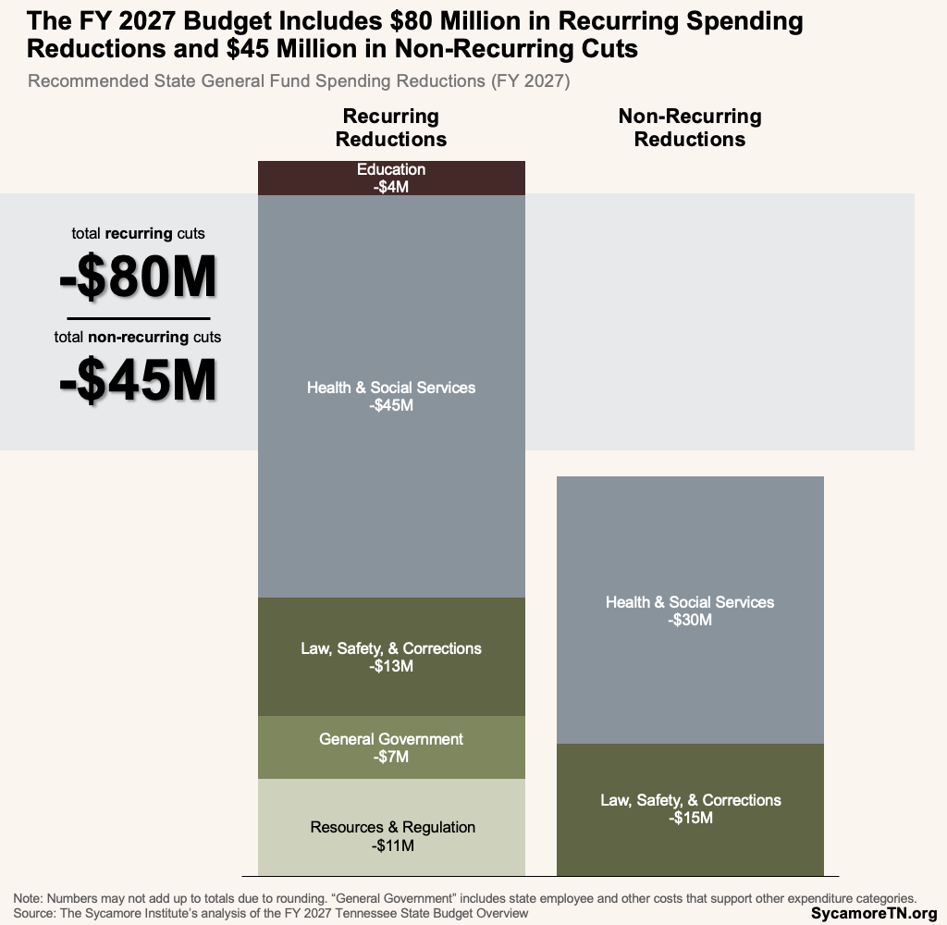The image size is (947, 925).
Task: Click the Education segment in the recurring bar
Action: [x=391, y=178]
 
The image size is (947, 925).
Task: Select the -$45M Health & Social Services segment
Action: [x=391, y=396]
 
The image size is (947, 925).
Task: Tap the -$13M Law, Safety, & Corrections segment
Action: [x=391, y=657]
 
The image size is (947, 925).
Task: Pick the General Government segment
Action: [x=391, y=747]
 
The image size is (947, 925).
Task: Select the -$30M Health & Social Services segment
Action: [x=690, y=610]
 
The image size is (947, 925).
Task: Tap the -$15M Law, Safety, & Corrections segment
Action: [x=690, y=809]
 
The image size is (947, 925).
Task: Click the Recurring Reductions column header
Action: [x=391, y=128]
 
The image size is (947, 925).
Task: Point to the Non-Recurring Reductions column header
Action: [x=690, y=128]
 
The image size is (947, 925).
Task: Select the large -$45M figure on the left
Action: [x=138, y=379]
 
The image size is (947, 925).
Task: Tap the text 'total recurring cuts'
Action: [x=138, y=233]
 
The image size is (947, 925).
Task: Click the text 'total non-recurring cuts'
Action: [x=138, y=337]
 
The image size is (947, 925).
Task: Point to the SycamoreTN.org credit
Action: [x=874, y=913]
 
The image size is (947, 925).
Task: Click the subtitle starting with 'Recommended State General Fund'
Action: [x=299, y=81]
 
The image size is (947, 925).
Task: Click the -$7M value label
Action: [x=391, y=758]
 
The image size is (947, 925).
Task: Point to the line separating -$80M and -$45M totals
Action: [x=138, y=318]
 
